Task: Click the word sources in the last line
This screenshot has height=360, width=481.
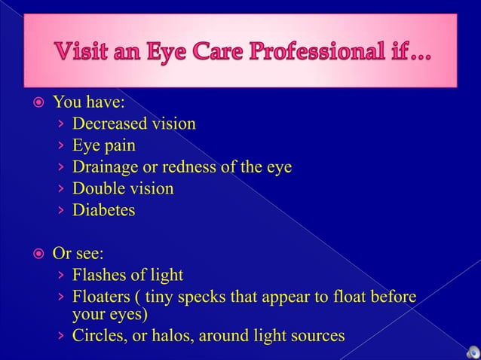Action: pos(319,335)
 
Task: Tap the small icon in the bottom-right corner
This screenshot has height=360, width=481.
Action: pos(472,351)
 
